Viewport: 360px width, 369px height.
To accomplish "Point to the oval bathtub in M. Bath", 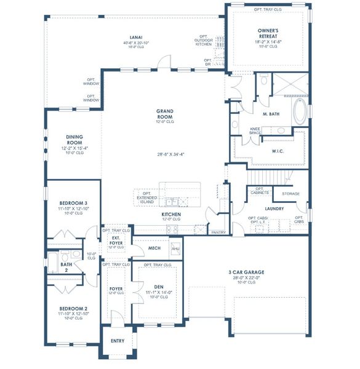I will pos(300,113).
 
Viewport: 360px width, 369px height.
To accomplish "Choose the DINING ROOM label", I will pos(74,140).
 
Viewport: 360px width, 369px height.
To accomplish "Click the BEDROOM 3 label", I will pos(73,202).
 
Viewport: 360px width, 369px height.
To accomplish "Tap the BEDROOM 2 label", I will pos(73,308).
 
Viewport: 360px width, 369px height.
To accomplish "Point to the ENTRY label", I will pos(117,341).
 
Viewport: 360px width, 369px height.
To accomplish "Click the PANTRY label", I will pos(218,232).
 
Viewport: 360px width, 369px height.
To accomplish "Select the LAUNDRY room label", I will pos(273,208).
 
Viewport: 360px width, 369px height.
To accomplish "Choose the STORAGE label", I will pos(290,194).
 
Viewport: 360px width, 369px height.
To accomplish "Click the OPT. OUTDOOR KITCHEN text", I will pos(204,41).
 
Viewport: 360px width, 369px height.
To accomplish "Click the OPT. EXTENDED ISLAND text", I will pos(146,197).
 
